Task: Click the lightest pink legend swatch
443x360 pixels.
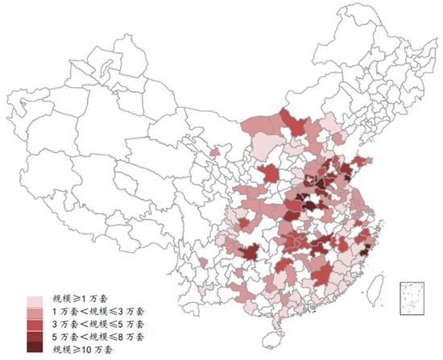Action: (x=35, y=300)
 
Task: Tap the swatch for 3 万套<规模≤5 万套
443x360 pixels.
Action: (x=35, y=324)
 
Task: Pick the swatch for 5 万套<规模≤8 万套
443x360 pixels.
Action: (x=35, y=336)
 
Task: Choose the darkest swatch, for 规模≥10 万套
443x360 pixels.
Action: (x=35, y=347)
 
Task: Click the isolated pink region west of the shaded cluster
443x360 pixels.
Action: (x=214, y=151)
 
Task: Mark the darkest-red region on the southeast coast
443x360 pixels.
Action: (x=364, y=250)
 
